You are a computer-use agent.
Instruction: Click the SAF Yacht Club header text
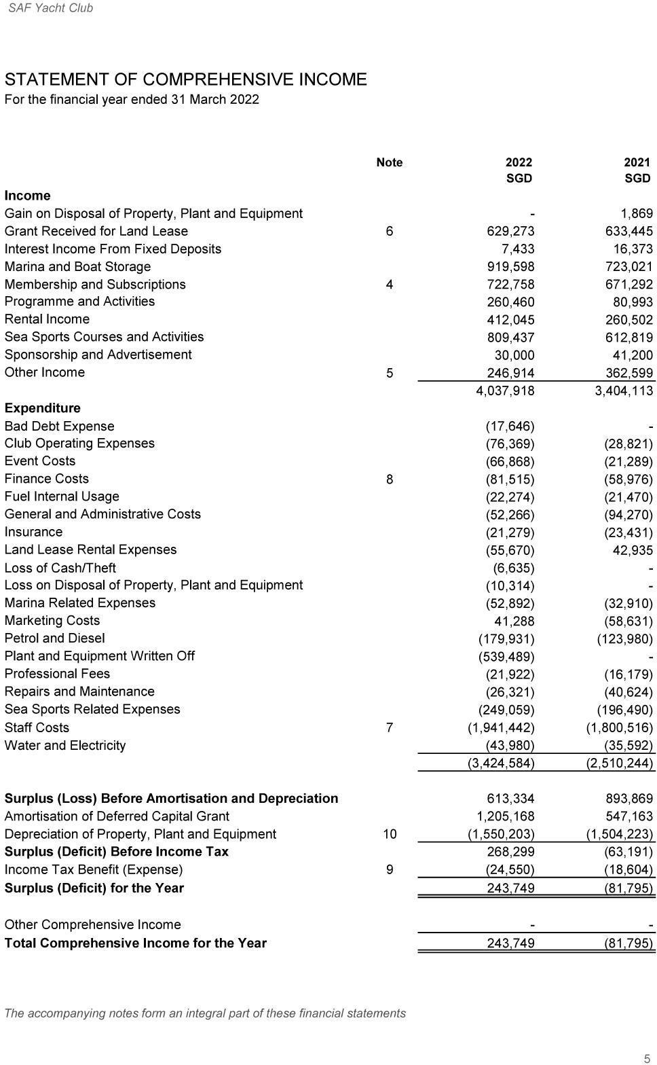pos(51,8)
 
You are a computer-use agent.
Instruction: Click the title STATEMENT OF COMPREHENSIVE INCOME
pos(185,79)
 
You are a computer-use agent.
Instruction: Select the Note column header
pos(389,162)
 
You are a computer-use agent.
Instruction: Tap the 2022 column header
pos(519,162)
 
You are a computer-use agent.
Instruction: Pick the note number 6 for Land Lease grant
pos(389,232)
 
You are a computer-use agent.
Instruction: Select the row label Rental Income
pos(47,319)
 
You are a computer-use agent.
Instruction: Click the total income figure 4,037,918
pos(505,391)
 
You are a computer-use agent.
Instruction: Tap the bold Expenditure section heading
pos(42,408)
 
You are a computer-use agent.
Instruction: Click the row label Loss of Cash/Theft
pos(60,568)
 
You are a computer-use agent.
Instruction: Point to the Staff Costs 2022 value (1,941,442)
pos(501,727)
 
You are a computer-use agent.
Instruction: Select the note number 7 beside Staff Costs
pos(389,727)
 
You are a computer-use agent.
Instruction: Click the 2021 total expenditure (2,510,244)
pos(620,763)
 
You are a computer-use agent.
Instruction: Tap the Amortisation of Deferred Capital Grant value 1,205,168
pos(505,816)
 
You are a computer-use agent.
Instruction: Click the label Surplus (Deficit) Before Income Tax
pos(116,852)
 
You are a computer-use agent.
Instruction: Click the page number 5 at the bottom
pos(647,1058)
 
